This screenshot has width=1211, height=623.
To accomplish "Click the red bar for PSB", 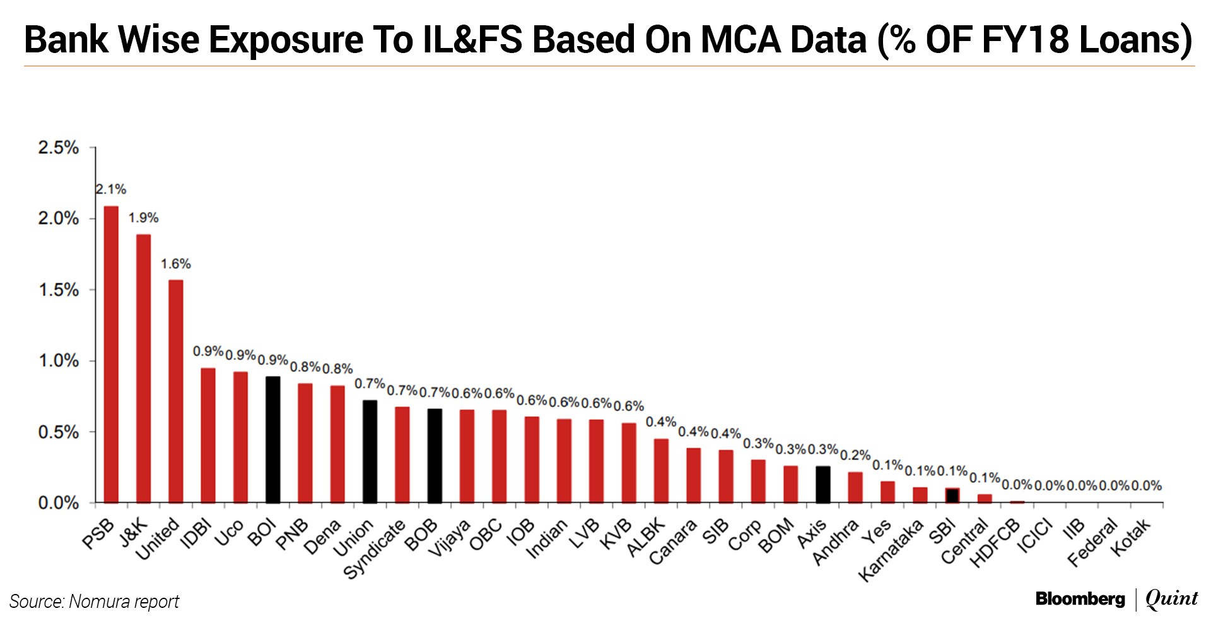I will (x=111, y=354).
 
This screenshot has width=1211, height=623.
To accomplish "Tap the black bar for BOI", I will (x=272, y=439).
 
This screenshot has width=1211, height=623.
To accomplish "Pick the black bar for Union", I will (x=370, y=451).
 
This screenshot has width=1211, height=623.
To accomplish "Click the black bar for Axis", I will (x=822, y=484).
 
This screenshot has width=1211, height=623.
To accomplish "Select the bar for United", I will (x=176, y=391).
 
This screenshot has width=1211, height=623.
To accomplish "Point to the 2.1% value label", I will (x=111, y=189).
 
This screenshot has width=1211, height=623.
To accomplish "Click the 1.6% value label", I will (x=175, y=264).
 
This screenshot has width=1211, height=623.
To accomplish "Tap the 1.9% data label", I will (x=143, y=218).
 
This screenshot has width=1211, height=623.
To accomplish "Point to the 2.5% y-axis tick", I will (x=59, y=148).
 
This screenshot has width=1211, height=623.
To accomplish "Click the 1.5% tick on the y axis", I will (x=59, y=290).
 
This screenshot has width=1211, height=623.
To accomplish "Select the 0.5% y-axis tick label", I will (x=59, y=432).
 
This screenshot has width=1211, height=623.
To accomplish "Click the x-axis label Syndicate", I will (x=373, y=550).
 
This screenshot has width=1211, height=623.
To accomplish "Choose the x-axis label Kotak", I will (x=1130, y=538).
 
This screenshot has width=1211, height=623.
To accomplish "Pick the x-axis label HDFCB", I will (x=994, y=544).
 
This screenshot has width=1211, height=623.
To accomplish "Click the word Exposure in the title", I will (x=285, y=39).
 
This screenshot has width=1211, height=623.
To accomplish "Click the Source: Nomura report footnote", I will (x=95, y=602).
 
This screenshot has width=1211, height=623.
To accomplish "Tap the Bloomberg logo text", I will (x=1080, y=598).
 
